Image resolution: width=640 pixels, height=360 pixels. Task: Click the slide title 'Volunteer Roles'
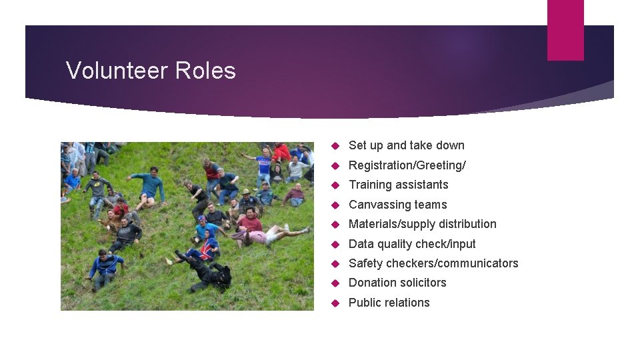[151, 71]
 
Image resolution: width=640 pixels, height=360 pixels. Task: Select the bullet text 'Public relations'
[389, 303]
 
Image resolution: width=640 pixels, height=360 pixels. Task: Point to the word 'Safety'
[365, 263]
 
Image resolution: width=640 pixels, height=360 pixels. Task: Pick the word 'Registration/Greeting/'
[407, 165]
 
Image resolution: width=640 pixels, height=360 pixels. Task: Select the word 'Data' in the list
[361, 244]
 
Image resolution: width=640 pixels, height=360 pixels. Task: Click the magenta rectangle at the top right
[565, 30]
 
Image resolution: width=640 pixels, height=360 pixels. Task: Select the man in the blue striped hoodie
[104, 267]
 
